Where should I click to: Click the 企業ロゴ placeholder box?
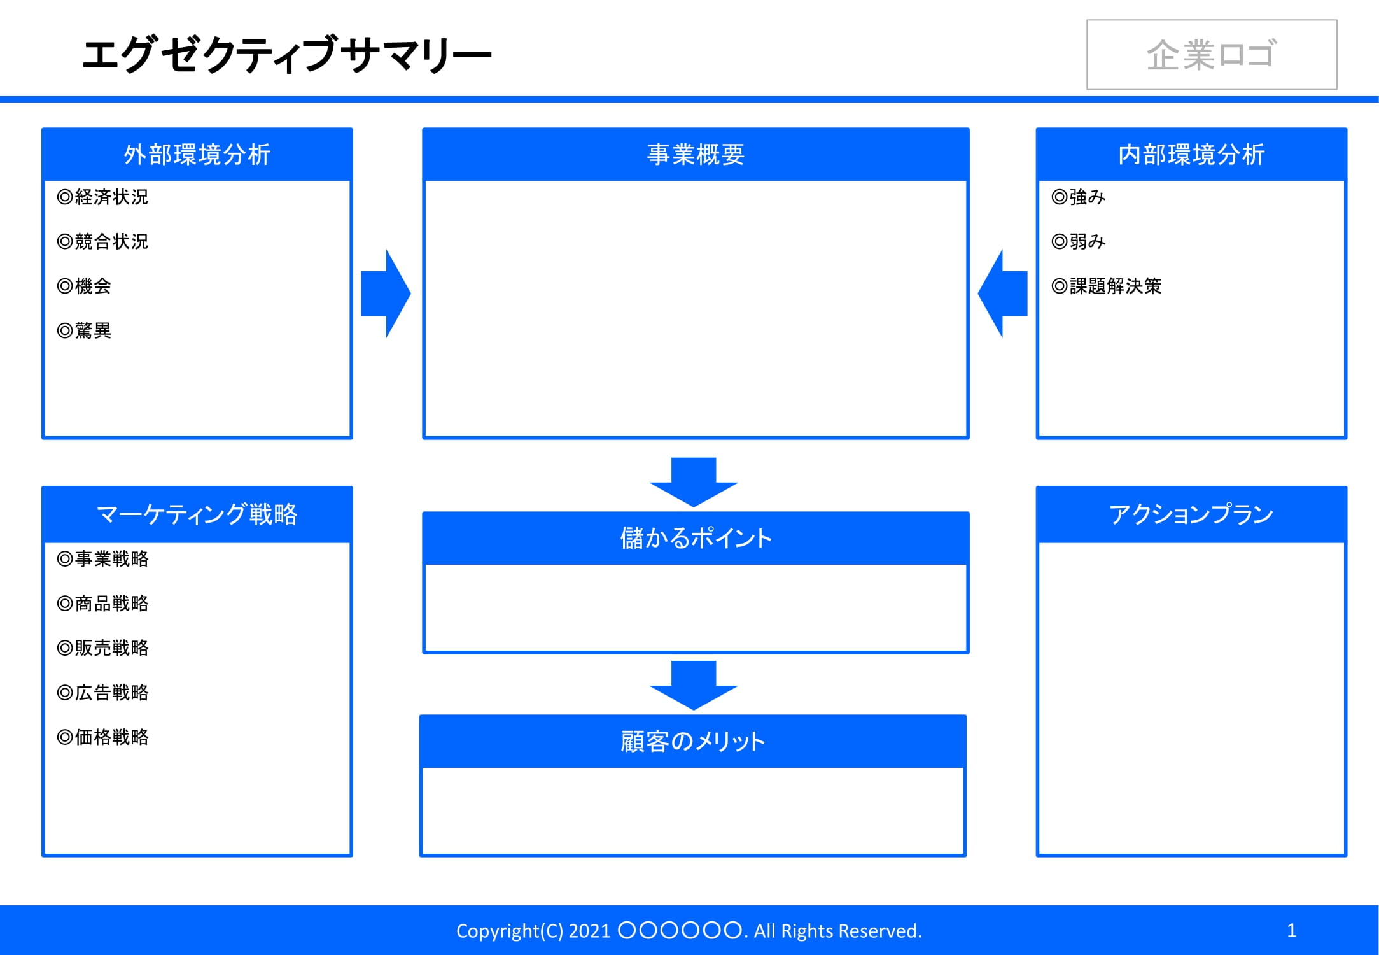(x=1211, y=55)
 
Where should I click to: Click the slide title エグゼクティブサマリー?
(x=286, y=55)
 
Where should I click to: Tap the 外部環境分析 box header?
(x=197, y=154)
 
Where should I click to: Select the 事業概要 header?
(x=696, y=154)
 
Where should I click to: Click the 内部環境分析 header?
(x=1191, y=154)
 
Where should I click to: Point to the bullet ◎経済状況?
(x=102, y=197)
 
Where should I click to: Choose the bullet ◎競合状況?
(x=102, y=242)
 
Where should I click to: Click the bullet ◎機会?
(x=84, y=286)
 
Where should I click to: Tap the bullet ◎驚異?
(x=84, y=331)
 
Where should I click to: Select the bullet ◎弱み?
(x=1079, y=242)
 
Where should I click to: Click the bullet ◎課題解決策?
(x=1107, y=286)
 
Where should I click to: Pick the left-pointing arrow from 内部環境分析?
(x=1004, y=294)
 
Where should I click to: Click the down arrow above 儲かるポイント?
(x=694, y=481)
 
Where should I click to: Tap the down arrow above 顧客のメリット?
(x=694, y=685)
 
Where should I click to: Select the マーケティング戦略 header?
(x=197, y=514)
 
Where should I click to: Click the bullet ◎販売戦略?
(x=102, y=648)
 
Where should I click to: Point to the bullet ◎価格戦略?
(x=102, y=737)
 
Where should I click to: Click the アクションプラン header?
(x=1191, y=514)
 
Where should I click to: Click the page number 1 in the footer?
(x=1291, y=930)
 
